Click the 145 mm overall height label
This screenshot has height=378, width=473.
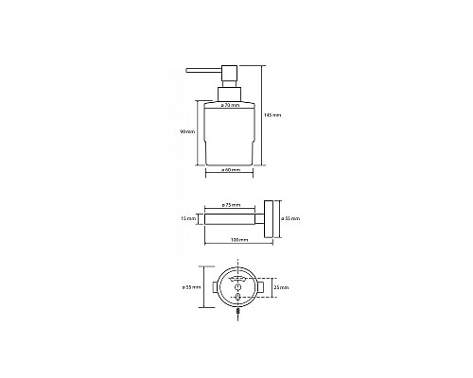[x=275, y=114]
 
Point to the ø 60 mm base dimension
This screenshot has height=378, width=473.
[x=230, y=169]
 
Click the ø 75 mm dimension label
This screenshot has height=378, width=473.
[x=230, y=205]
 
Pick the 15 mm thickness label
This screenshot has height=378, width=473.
[x=190, y=219]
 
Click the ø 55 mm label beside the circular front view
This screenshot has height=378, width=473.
[x=190, y=286]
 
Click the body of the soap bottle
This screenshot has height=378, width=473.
[x=231, y=137]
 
